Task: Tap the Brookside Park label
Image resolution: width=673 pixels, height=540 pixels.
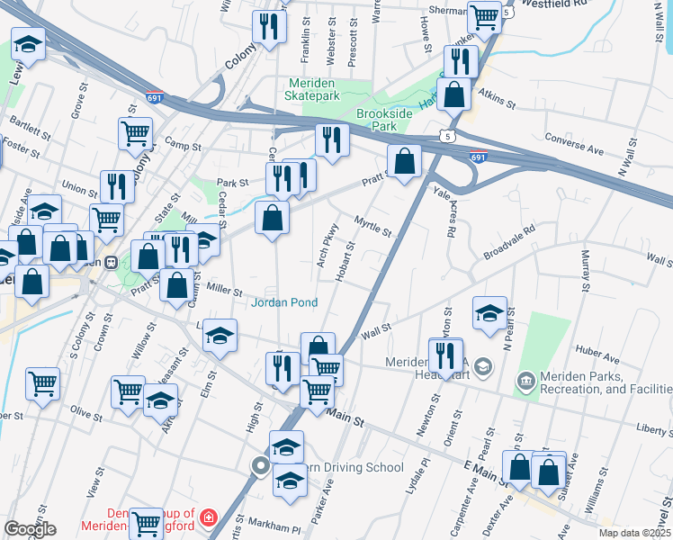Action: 390,121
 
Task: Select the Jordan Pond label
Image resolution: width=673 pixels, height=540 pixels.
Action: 283,302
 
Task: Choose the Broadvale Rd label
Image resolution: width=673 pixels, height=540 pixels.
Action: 508,240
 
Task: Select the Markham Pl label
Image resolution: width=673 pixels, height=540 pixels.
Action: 277,527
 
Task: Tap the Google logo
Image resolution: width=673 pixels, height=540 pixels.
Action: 30,529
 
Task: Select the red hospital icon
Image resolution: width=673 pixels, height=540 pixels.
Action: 209,517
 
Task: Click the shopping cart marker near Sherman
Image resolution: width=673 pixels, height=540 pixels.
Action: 485,17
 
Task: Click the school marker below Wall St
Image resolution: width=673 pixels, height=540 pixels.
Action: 489,313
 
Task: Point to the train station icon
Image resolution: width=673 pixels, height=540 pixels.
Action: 111,263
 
